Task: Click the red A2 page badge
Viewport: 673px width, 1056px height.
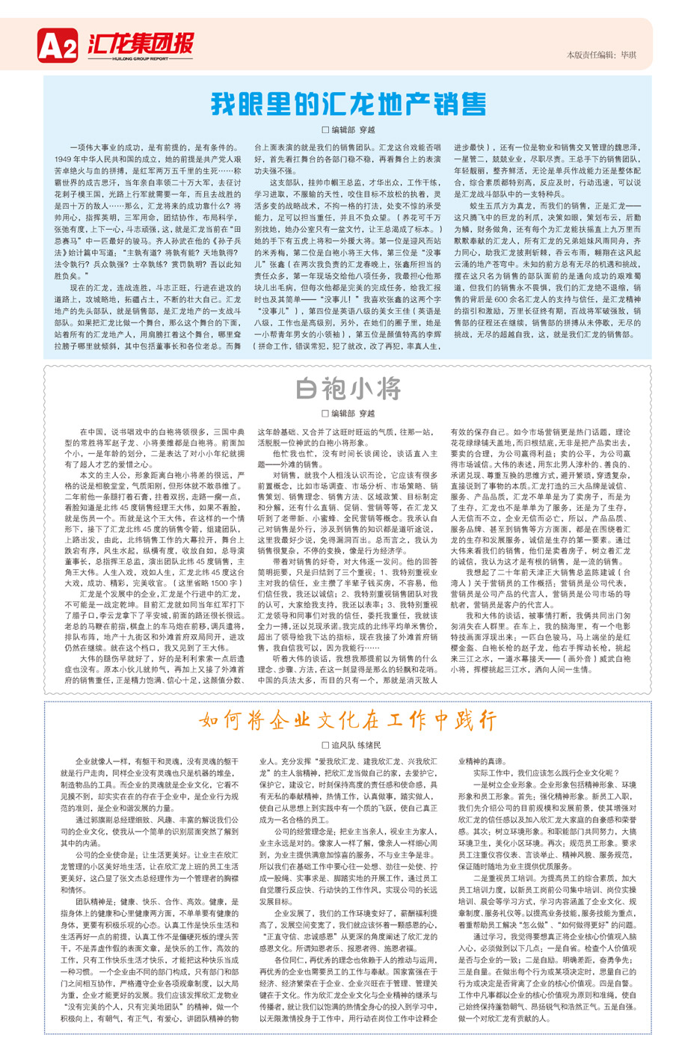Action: (x=58, y=47)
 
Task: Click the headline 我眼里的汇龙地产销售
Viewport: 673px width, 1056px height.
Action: (x=348, y=103)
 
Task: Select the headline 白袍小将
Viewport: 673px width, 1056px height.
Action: (x=348, y=389)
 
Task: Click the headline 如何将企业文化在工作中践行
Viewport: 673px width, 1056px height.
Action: (x=348, y=720)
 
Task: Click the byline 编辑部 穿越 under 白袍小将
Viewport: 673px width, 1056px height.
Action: (x=348, y=414)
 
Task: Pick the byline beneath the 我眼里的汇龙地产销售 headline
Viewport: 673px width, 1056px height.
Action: (x=348, y=130)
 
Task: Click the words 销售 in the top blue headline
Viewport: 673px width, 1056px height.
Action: (x=461, y=103)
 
